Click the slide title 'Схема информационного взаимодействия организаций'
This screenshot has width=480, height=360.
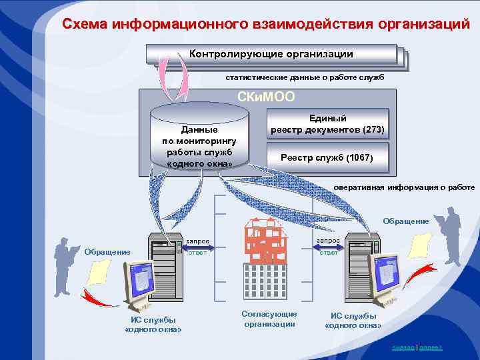tap(266, 25)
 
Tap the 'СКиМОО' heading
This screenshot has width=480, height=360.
tap(266, 98)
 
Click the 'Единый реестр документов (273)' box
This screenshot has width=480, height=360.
tap(327, 123)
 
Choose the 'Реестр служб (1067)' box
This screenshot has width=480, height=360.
tap(327, 158)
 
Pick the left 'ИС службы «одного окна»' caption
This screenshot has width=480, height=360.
tap(153, 324)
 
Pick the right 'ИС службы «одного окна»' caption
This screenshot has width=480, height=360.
tap(353, 321)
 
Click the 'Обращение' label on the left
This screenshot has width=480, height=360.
tap(107, 251)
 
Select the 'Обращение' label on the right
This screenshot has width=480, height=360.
tap(406, 221)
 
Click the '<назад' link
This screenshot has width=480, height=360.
tap(403, 348)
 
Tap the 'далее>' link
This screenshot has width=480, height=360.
tap(431, 348)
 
